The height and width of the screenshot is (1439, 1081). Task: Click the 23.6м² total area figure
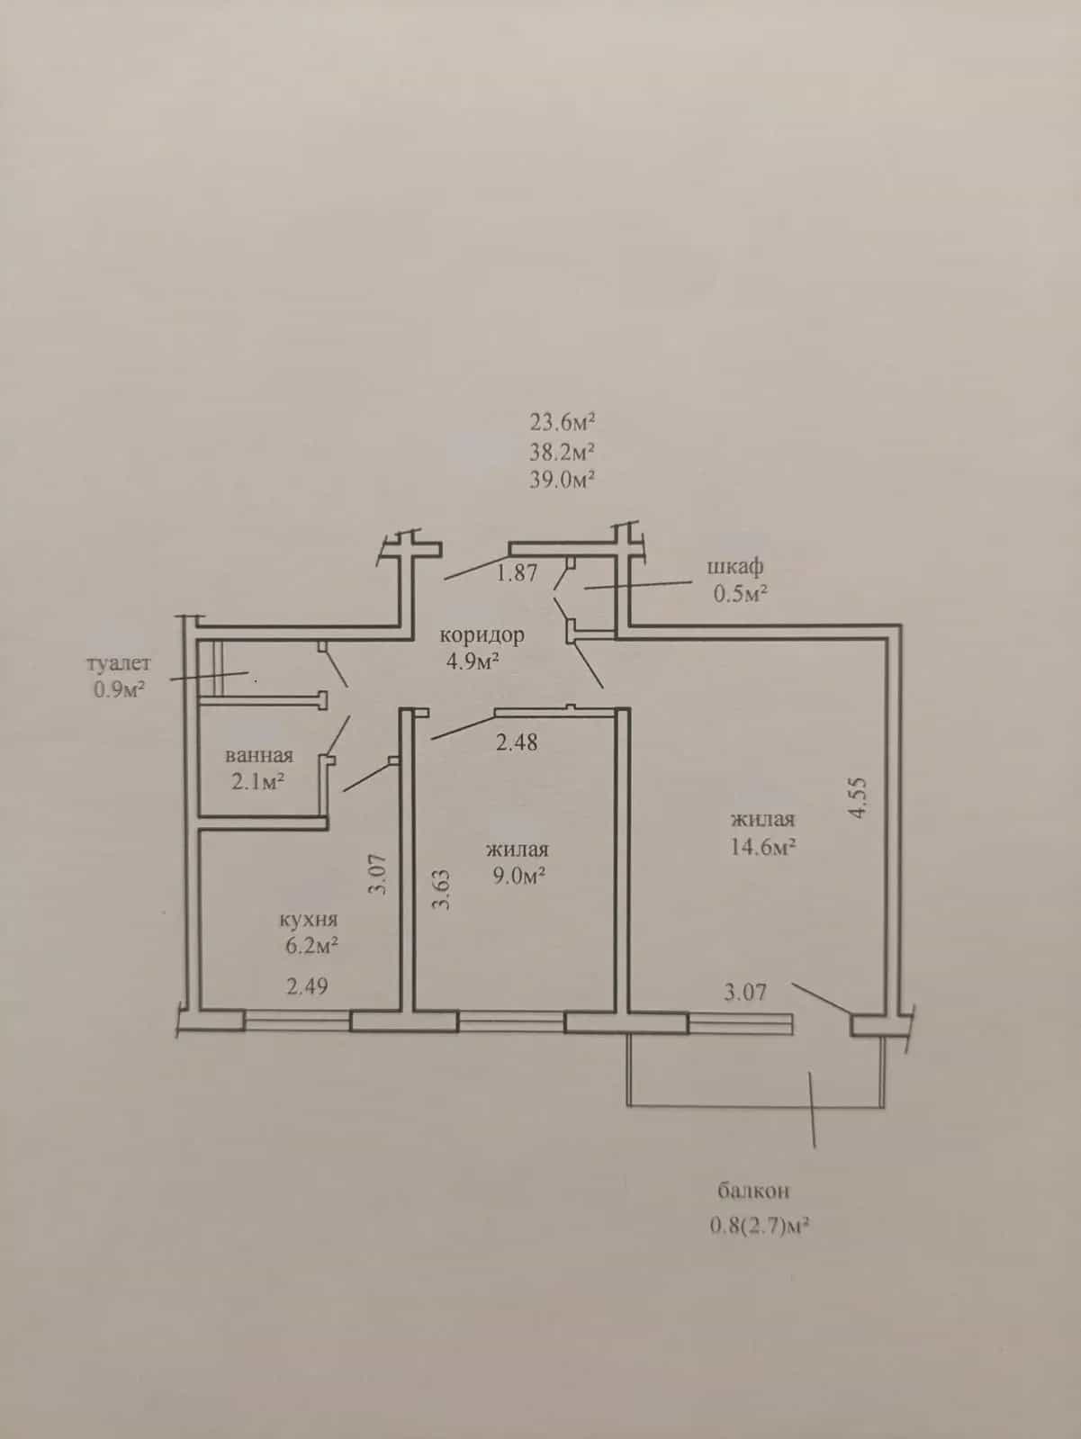coord(562,421)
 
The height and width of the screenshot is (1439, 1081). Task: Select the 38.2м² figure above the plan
coord(562,452)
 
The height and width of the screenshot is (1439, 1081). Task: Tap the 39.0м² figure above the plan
coord(562,480)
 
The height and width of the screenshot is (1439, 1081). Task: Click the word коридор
coord(482,635)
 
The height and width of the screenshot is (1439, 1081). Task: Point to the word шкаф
coord(735,567)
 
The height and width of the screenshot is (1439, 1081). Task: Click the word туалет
coord(119,662)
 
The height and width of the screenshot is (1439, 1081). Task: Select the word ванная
coord(259,755)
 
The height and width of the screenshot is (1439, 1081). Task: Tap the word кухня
coord(309,921)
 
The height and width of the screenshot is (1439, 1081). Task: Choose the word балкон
coord(753,1191)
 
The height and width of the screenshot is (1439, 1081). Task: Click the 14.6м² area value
coord(763,847)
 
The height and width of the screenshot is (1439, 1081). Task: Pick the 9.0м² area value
coord(520,876)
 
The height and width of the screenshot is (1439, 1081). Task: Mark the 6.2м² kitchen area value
coord(310,946)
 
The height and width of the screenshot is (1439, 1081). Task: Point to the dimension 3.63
coord(443,889)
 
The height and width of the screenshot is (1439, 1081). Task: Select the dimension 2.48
coord(517,742)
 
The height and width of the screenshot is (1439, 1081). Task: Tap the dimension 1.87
coord(517,573)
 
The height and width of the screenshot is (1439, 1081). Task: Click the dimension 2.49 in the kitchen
coord(307,986)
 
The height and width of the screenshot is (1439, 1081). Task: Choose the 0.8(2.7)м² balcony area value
coord(758,1226)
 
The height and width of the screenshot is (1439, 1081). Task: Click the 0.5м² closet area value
coord(740,594)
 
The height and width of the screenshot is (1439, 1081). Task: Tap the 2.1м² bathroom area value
coord(257,781)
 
